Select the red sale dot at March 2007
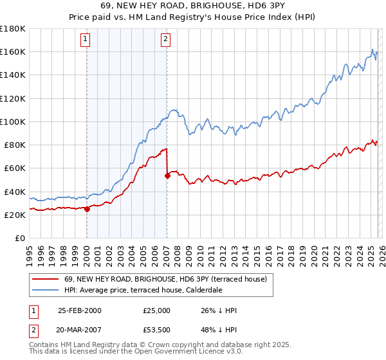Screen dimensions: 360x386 [x=167, y=175]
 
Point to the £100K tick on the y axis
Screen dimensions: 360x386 [x=13, y=122]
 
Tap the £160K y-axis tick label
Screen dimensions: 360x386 [x=13, y=51]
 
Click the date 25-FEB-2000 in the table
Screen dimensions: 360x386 [x=80, y=310]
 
